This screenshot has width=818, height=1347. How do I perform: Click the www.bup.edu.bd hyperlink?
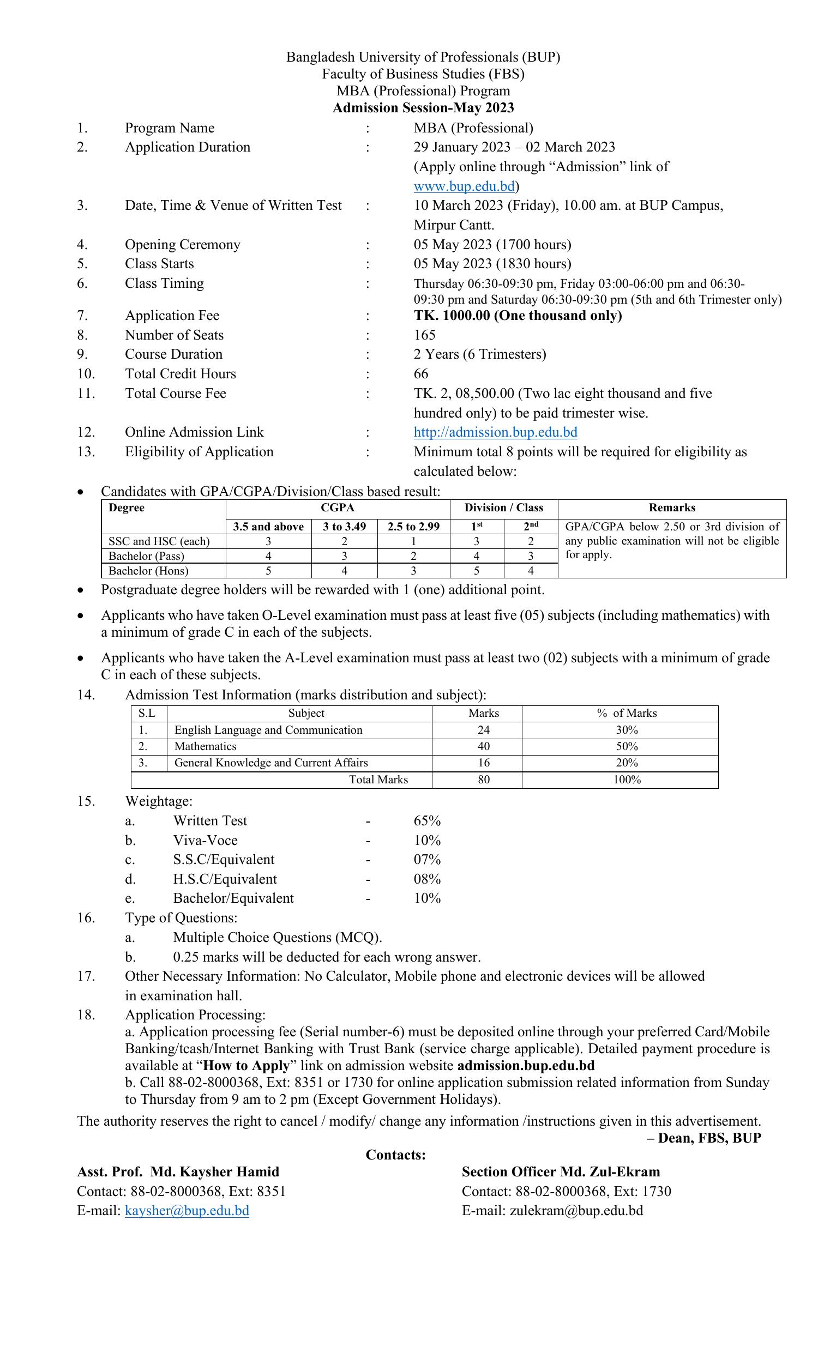coord(464,186)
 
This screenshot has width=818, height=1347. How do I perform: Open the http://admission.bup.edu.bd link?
coord(495,432)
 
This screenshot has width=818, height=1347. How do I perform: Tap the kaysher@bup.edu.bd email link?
coord(187,1210)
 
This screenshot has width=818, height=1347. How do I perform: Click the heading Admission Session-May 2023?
coord(423,108)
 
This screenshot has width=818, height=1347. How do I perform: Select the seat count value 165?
coord(424,335)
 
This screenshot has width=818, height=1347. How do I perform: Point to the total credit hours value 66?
coord(421,374)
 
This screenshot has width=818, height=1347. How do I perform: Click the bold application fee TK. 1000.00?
coord(518,316)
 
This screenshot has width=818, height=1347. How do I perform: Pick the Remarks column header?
coord(671,508)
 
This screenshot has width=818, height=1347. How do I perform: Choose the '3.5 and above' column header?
coord(268,527)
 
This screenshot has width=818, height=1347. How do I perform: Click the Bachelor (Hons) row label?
coord(148,571)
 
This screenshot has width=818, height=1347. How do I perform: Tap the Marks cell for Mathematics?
coord(483,746)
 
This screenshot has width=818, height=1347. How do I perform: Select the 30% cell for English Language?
coord(627,730)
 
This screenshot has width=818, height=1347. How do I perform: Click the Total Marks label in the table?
coord(378,780)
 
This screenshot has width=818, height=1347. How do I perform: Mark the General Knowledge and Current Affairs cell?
coord(270,763)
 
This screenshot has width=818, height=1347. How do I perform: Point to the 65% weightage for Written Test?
coord(427,820)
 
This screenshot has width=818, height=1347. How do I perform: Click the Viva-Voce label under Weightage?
coord(205,840)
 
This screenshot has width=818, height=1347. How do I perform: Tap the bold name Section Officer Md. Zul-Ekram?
coord(561,1172)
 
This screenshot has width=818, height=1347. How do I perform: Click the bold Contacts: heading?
coord(395,1155)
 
